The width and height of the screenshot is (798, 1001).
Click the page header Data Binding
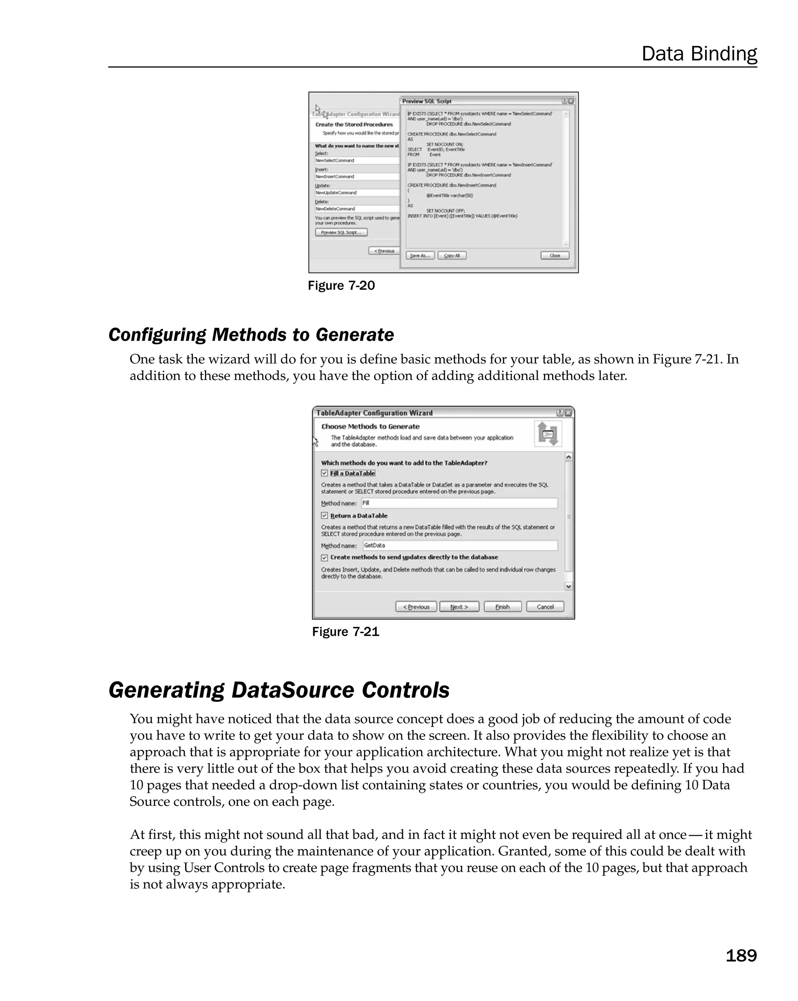click(x=699, y=54)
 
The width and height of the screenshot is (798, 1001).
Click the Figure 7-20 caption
click(x=341, y=286)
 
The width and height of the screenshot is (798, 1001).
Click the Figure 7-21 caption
click(x=345, y=632)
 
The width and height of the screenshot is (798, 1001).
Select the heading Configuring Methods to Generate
click(x=251, y=335)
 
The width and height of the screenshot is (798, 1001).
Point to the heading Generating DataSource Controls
click(x=279, y=690)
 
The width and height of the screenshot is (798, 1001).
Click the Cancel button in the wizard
click(x=545, y=607)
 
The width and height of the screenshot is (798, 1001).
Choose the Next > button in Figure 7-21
click(x=459, y=607)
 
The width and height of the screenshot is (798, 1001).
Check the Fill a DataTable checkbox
click(x=325, y=473)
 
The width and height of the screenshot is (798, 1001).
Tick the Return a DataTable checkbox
click(x=325, y=516)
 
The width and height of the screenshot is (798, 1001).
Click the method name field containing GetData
click(x=459, y=546)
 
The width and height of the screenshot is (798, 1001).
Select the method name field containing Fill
click(x=459, y=503)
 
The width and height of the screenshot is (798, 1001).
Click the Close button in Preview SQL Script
click(x=555, y=255)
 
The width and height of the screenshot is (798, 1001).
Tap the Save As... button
click(x=420, y=255)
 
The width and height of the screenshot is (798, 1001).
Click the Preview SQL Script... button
click(x=341, y=232)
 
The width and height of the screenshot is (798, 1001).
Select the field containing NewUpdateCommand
click(x=357, y=192)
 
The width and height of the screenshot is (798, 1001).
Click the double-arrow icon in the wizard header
click(x=548, y=434)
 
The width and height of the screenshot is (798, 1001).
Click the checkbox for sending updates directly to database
click(x=325, y=558)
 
